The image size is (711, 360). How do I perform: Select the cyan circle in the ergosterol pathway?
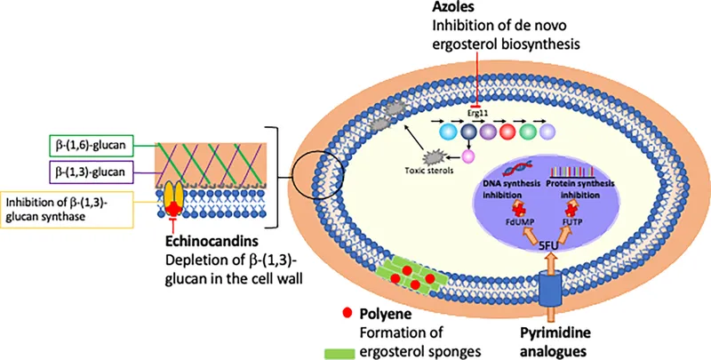pos(448,132)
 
